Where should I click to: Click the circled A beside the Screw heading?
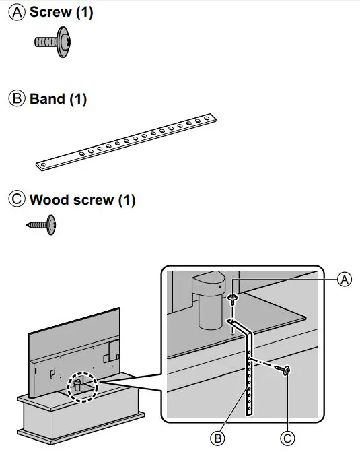pos(17,13)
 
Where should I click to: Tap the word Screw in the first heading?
pos(50,12)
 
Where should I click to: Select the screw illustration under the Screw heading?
pos(53,42)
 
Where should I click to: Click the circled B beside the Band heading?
pos(17,98)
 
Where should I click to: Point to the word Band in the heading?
pos(47,98)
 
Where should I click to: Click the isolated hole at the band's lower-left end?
pos(44,165)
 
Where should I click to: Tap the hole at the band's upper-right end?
pos(207,118)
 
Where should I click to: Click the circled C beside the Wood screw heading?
pos(17,199)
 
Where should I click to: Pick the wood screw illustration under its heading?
pos(41,225)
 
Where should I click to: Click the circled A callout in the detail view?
pos(345,280)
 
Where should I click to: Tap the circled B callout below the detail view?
pos(217,438)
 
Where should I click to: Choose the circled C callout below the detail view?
pos(287,438)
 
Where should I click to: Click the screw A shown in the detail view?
pos(233,299)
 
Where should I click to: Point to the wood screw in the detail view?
pos(282,370)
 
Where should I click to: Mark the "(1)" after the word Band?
pos(78,99)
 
